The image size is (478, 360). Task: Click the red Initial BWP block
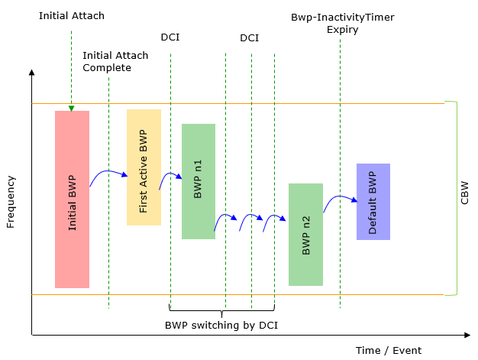72,199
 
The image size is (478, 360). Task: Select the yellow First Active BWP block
144,167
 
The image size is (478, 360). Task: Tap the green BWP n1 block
199,181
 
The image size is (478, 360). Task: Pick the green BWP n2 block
305,235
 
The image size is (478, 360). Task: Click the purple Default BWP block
373,202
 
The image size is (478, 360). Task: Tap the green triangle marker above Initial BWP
71,109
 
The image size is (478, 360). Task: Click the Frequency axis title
11,202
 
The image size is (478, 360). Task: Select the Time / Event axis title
389,351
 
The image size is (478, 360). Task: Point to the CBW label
464,193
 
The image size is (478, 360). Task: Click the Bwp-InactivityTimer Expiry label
343,23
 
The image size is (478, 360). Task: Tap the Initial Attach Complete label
115,61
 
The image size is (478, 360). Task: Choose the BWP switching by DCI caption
221,325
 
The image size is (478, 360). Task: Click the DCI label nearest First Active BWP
170,37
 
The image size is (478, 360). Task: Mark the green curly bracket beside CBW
457,198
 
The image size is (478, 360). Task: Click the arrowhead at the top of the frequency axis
31,72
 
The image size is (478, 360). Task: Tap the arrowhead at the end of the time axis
467,335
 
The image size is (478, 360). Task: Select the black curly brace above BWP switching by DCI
221,311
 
